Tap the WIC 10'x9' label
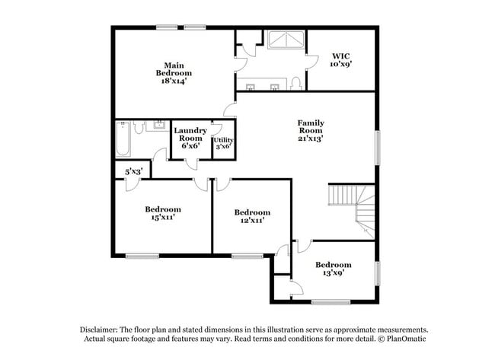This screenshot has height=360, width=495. [340, 60]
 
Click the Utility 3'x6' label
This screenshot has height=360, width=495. [223, 144]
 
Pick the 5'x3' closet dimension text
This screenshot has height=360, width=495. [133, 172]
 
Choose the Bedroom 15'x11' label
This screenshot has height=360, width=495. [162, 214]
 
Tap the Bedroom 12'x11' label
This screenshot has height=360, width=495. [251, 217]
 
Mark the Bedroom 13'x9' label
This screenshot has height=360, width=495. [334, 269]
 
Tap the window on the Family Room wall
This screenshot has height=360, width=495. [376, 145]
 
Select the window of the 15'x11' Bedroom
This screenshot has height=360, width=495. [142, 256]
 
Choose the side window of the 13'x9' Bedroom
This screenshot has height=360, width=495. [377, 272]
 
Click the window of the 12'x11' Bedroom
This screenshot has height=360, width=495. [247, 256]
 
